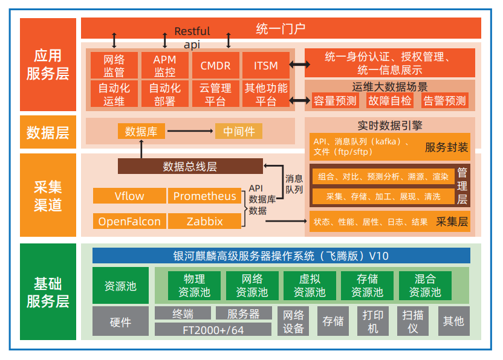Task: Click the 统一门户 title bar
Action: [281, 28]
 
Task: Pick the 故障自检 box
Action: [390, 101]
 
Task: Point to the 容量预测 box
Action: [335, 101]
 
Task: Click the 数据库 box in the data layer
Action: [141, 131]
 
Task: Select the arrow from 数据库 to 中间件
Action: [190, 131]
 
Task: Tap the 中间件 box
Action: [239, 131]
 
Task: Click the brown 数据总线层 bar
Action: [190, 167]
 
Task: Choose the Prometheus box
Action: [204, 196]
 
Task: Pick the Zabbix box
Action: [204, 221]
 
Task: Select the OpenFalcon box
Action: [129, 221]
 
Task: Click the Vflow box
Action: [129, 196]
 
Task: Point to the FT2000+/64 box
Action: [213, 330]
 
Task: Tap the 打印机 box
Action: [373, 321]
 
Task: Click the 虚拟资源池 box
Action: [310, 286]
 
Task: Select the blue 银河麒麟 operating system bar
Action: [281, 256]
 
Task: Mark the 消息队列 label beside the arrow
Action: [294, 184]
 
